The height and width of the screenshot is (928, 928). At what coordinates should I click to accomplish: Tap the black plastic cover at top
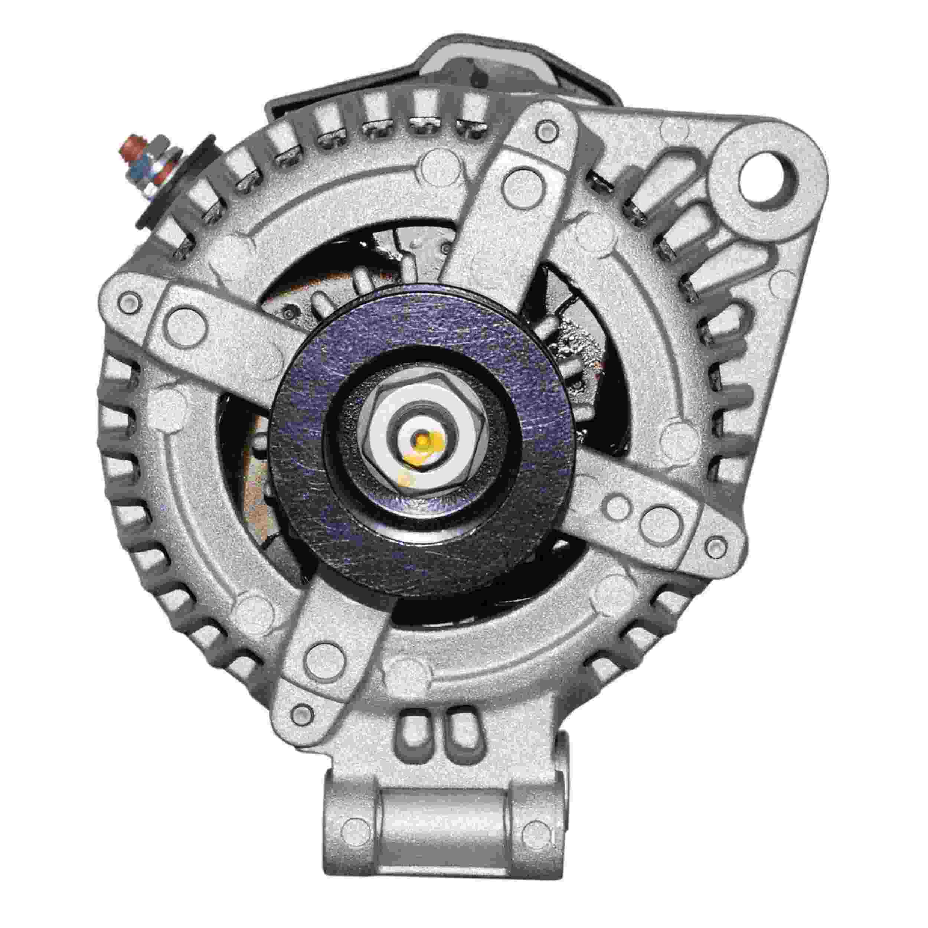tap(480, 72)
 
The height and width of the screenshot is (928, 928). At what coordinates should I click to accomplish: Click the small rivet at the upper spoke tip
tap(547, 129)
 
